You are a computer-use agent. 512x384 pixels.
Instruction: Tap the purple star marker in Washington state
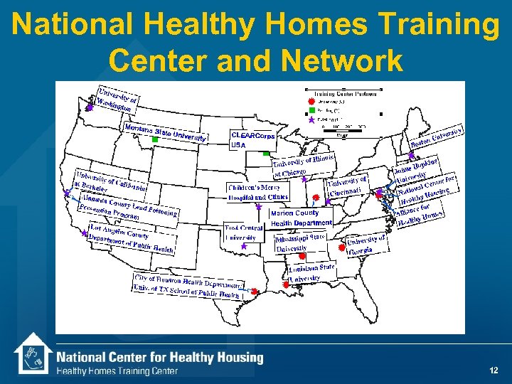click(x=90, y=108)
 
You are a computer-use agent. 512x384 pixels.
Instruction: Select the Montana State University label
click(x=165, y=133)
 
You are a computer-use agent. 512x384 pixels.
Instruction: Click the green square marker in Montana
click(x=154, y=140)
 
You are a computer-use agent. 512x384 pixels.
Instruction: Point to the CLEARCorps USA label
click(x=252, y=139)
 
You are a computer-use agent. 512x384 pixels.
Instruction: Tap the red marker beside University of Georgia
click(x=342, y=249)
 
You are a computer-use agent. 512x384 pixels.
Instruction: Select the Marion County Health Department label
click(x=301, y=218)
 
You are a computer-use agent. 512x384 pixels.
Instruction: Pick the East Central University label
click(x=243, y=233)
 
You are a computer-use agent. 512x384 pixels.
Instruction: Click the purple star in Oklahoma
click(x=243, y=246)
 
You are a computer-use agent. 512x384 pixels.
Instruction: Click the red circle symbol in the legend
click(x=311, y=101)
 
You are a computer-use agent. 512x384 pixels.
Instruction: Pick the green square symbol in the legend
click(x=311, y=110)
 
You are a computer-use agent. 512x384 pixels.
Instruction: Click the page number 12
click(x=494, y=370)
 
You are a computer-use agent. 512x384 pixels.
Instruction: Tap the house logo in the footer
click(x=33, y=355)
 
